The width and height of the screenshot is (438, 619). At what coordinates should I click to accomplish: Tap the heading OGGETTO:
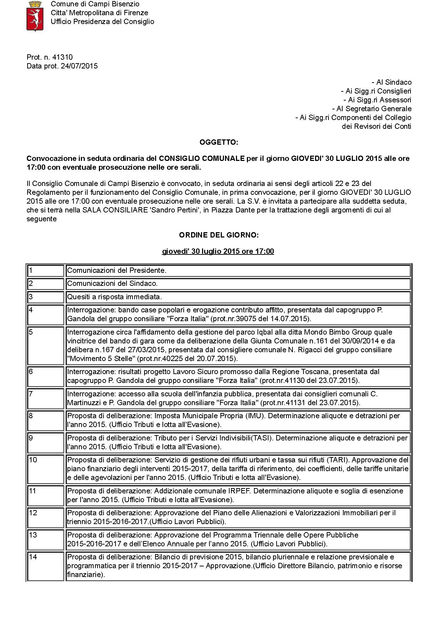click(219, 142)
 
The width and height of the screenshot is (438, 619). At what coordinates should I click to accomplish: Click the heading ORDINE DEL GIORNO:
click(219, 235)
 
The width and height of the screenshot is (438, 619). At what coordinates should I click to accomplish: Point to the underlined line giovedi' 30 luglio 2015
click(218, 251)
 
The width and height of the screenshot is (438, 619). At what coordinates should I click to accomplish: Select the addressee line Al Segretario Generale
click(372, 109)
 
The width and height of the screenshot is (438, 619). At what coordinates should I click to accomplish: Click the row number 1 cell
click(46, 271)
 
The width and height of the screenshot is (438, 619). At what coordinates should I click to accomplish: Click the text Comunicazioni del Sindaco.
click(112, 283)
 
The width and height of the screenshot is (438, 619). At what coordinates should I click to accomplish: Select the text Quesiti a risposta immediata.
click(114, 297)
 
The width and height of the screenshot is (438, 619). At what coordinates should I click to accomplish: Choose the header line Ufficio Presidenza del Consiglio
click(102, 22)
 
